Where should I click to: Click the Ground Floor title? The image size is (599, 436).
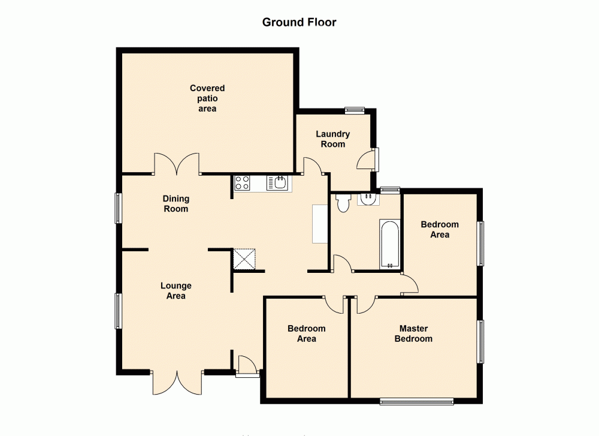(x=299, y=23)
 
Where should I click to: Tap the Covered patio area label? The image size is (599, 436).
(x=207, y=98)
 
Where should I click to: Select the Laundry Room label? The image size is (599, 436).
(x=333, y=139)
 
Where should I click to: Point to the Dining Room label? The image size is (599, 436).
(x=176, y=204)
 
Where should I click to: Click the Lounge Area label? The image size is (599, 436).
(x=176, y=291)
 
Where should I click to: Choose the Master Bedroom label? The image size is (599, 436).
(x=413, y=333)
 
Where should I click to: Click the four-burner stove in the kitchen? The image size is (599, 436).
(x=243, y=182)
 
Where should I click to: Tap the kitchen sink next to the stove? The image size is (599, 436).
(x=278, y=182)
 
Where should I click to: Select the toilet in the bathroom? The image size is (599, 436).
(x=343, y=204)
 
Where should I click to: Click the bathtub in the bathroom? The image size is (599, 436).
(x=389, y=244)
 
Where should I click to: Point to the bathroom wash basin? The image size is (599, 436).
(x=368, y=199)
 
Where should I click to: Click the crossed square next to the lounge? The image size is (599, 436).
(x=244, y=259)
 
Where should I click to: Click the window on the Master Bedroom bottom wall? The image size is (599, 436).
(x=416, y=401)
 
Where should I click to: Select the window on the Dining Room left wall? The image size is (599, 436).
(x=119, y=208)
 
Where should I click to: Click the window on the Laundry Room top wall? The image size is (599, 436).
(x=354, y=110)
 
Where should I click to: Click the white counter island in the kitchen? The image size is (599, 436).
(x=320, y=224)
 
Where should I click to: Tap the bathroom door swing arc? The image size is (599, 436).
(x=341, y=263)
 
